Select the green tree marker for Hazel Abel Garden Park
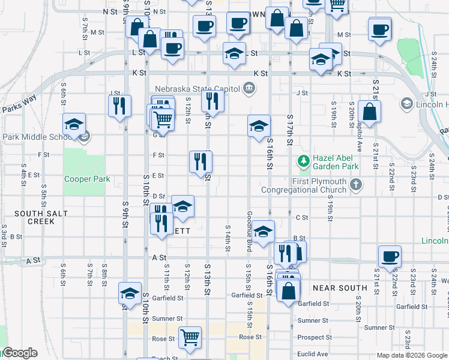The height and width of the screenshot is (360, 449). (x=304, y=161)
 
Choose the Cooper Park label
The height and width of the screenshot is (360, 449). (x=88, y=179)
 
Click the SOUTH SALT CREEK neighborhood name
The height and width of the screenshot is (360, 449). (x=35, y=217)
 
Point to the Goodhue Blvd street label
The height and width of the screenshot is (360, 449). (x=249, y=232)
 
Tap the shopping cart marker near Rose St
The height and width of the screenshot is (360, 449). (x=190, y=337)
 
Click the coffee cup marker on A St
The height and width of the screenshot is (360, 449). (x=390, y=256)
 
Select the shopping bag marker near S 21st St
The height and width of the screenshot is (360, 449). (x=369, y=112)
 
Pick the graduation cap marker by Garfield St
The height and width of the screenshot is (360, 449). (x=130, y=293)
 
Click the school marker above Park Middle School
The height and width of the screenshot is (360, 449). (x=74, y=124)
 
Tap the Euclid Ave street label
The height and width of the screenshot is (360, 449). (x=314, y=354)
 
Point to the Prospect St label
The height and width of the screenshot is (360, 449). (x=313, y=337)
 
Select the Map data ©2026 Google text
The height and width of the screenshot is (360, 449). (x=412, y=355)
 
